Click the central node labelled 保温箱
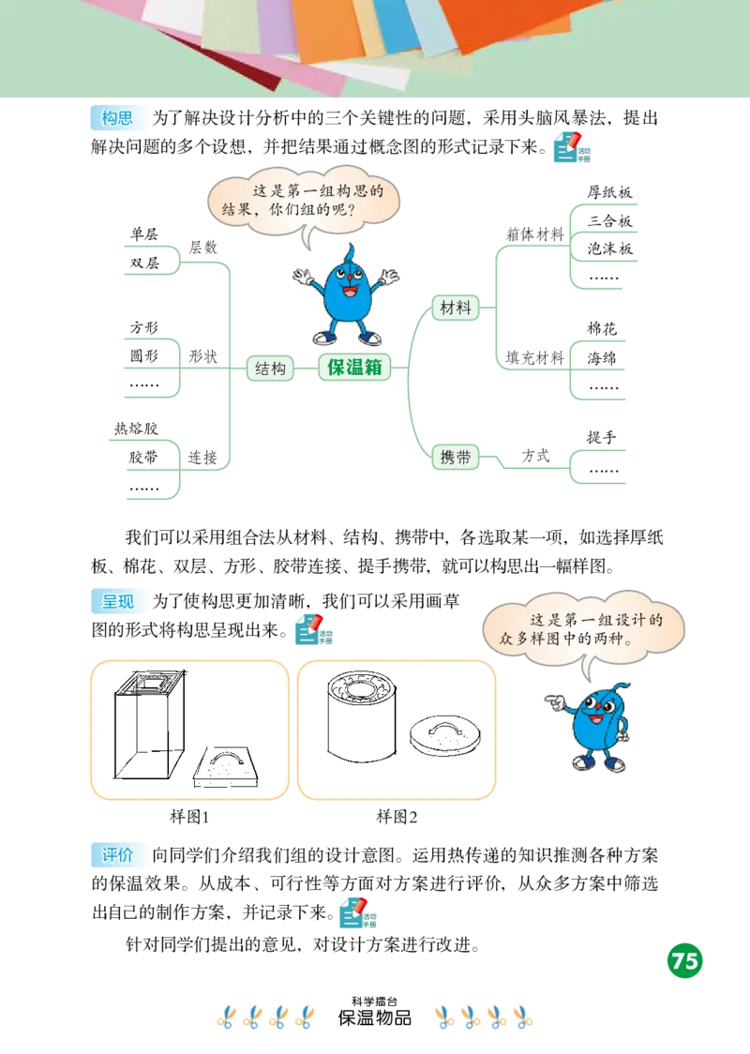[354, 368]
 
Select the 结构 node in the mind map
[270, 369]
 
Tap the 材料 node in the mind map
[455, 308]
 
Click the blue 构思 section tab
[117, 119]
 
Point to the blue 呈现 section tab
[117, 601]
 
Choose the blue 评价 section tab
[117, 855]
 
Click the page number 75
[685, 961]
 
